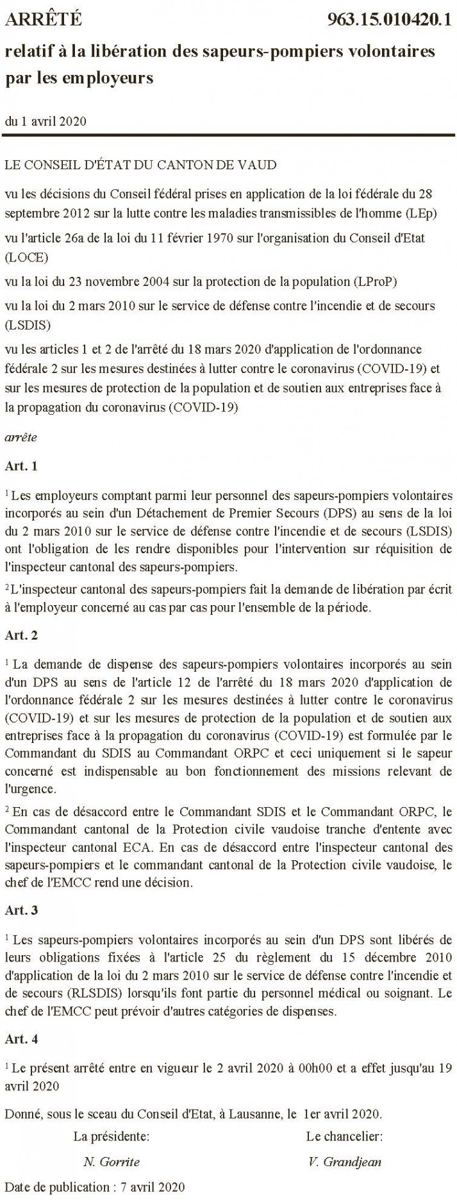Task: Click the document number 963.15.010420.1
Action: click(389, 20)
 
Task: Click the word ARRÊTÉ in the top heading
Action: click(44, 20)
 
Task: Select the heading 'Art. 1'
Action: click(21, 466)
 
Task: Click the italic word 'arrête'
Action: click(21, 437)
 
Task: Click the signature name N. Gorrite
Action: click(112, 1161)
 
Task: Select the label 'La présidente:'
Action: click(112, 1137)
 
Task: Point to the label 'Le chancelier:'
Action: click(344, 1137)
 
